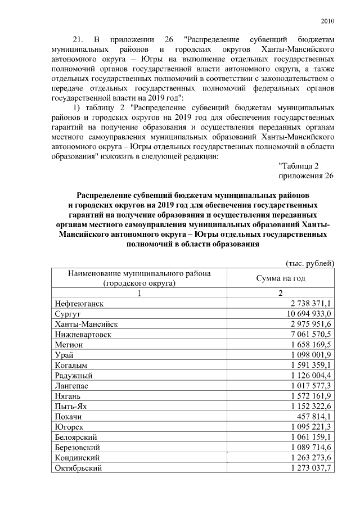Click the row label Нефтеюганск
point(79,304)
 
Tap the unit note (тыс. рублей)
point(310,263)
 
